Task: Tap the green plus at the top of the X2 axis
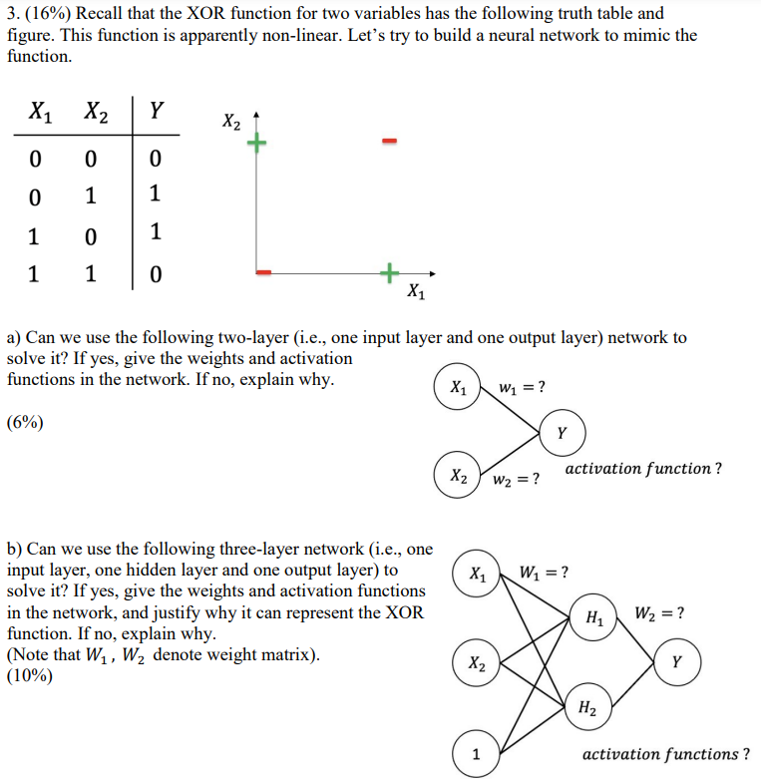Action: point(257,144)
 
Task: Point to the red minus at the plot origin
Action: point(264,271)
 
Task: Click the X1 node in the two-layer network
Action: point(457,388)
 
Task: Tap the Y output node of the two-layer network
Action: point(562,433)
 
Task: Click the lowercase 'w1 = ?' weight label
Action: point(522,386)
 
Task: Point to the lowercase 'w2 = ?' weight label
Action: point(517,481)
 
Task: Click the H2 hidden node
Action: point(588,709)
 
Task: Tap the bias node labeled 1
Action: point(476,754)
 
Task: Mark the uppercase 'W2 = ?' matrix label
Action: point(659,611)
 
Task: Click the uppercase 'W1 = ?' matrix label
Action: point(545,573)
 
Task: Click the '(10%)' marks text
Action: point(29,675)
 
